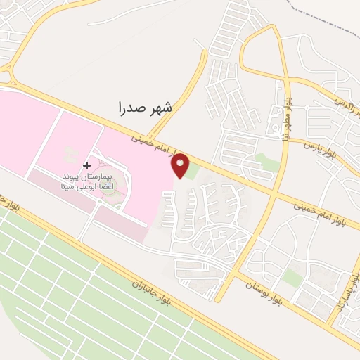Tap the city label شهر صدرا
(x=146, y=107)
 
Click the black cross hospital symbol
(x=87, y=165)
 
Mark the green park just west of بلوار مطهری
(x=265, y=163)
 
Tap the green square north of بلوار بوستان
(x=293, y=278)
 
